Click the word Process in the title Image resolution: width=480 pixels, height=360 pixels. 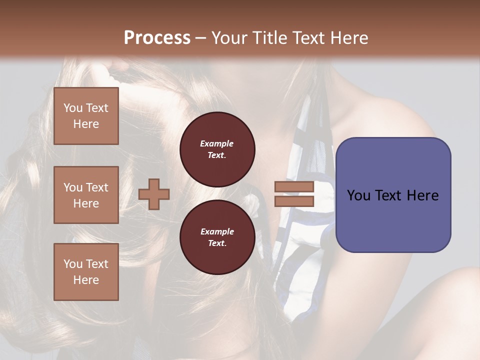pos(157,37)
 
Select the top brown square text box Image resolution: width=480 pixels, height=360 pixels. pos(86,116)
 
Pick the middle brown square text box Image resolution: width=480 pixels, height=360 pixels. pos(86,195)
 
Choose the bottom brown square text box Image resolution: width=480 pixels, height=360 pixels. pos(86,272)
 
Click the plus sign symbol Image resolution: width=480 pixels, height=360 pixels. pos(154,194)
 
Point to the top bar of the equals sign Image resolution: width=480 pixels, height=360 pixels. pos(294,186)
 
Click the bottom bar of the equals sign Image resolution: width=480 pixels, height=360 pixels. pos(294,201)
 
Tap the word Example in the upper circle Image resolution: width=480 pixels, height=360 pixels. pos(217,143)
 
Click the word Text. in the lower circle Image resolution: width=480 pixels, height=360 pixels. pos(217,243)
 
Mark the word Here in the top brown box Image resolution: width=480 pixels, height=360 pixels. pos(86,124)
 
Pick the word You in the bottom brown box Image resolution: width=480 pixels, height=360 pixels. pos(73,264)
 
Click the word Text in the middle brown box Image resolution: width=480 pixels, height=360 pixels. pos(97,187)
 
